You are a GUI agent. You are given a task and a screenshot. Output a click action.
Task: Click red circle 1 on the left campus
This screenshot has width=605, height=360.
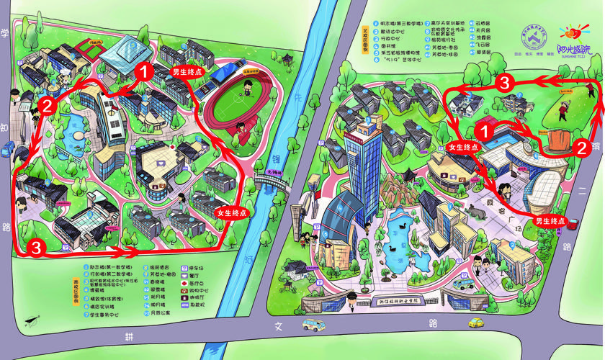pos(143,71)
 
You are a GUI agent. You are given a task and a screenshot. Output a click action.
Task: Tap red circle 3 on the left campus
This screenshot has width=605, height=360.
pos(37,247)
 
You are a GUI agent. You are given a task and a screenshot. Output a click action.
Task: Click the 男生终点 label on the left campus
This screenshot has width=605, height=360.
pos(186,72)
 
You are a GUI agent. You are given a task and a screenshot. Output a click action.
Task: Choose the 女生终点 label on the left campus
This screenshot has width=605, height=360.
pos(230,213)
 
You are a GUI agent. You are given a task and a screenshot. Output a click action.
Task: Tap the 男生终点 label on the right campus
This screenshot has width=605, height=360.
pos(547,220)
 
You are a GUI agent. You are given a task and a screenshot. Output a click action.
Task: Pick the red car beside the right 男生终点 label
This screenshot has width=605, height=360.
pos(575,222)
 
